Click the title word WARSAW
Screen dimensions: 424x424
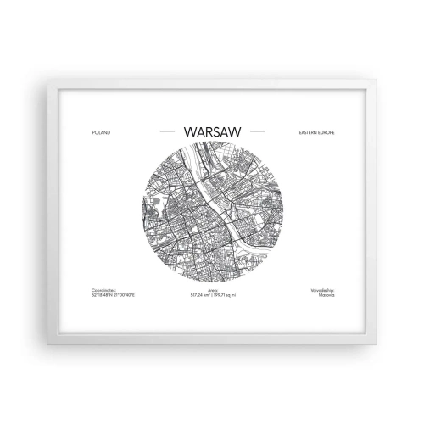coord(212,132)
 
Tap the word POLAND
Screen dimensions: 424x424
coord(99,133)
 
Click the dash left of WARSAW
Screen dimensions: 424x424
coord(167,132)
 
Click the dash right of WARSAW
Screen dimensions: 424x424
coord(258,132)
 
